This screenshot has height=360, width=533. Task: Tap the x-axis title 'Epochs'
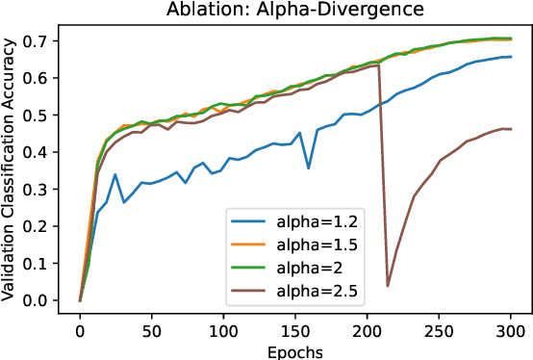(x=295, y=351)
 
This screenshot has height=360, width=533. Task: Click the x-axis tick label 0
(x=80, y=331)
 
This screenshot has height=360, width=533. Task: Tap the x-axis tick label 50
(x=152, y=331)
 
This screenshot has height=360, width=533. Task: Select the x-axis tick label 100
(x=223, y=331)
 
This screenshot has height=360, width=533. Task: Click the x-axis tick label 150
(x=295, y=331)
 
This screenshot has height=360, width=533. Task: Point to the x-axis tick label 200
(x=368, y=331)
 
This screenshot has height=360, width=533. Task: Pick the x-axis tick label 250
(x=439, y=331)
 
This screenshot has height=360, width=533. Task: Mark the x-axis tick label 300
(x=511, y=331)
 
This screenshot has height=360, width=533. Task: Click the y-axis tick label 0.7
(x=47, y=41)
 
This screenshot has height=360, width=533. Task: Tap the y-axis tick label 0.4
(x=47, y=152)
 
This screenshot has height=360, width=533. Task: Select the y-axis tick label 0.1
(x=47, y=264)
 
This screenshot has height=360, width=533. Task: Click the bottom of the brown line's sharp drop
(x=388, y=285)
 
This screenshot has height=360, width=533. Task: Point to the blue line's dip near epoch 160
(x=309, y=168)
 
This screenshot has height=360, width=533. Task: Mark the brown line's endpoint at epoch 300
(x=511, y=129)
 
